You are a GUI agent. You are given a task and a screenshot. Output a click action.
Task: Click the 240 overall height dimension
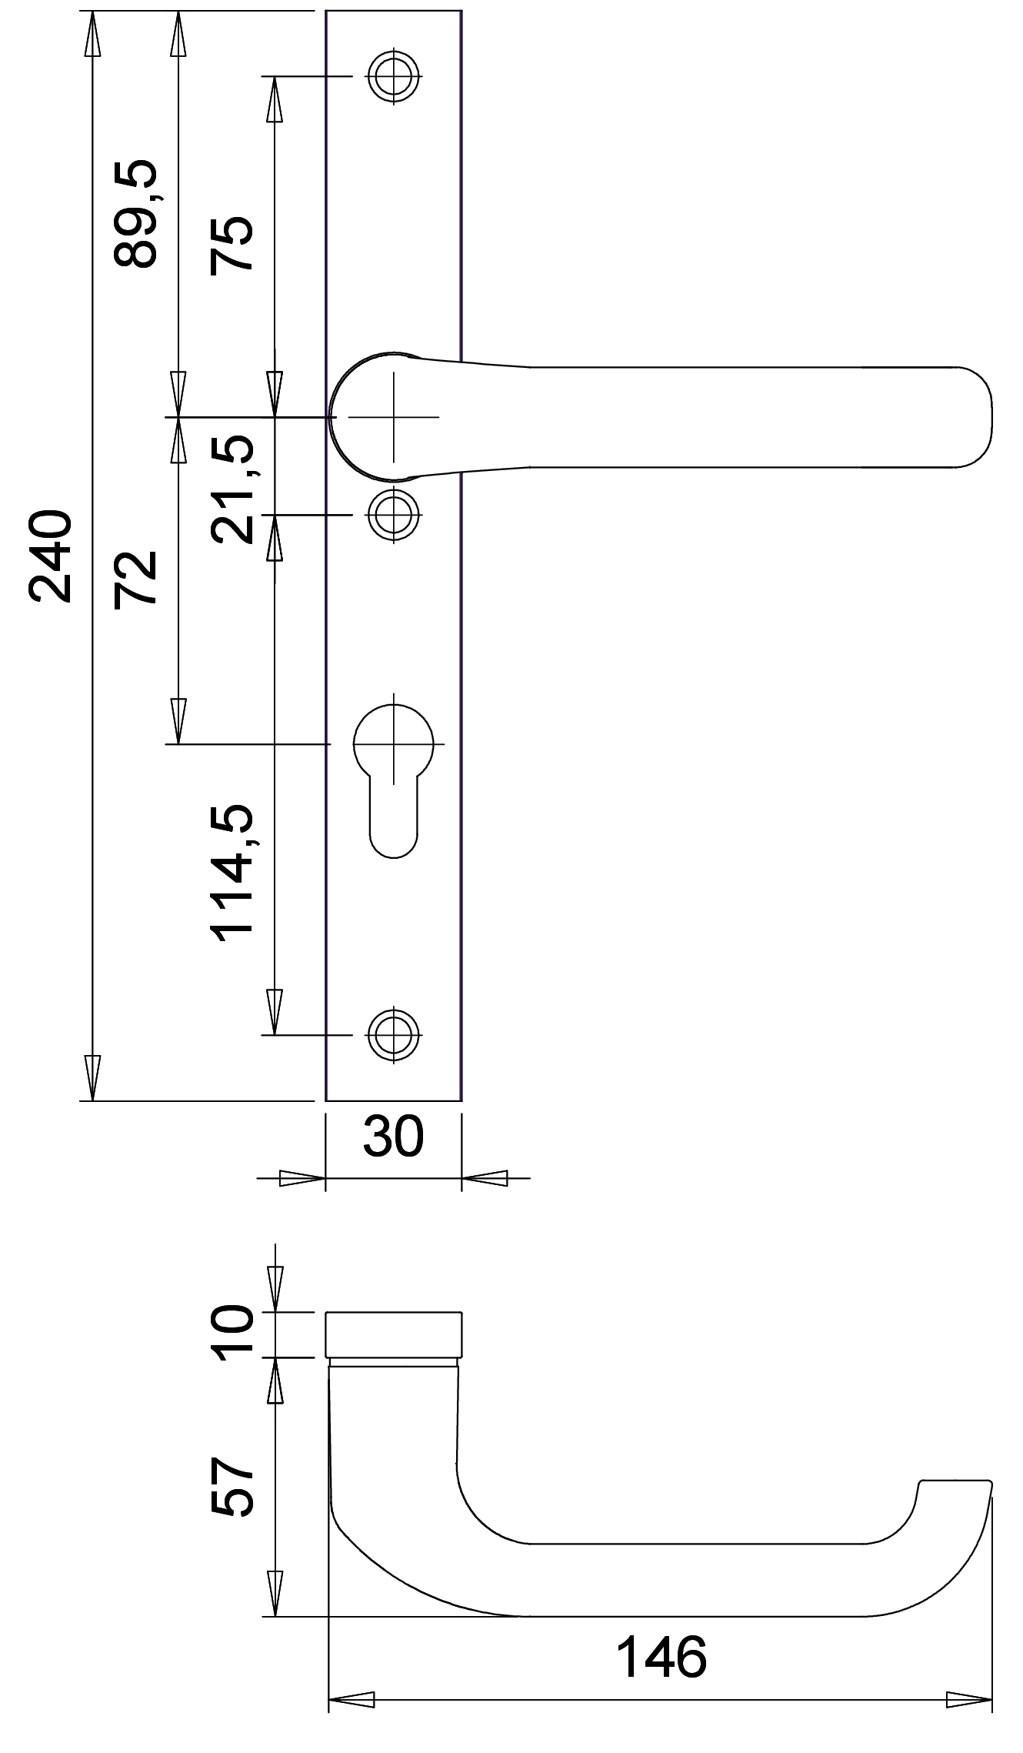pyautogui.click(x=51, y=555)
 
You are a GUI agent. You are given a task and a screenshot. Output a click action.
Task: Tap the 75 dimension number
pyautogui.click(x=232, y=242)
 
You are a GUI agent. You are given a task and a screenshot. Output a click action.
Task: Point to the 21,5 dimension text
pyautogui.click(x=232, y=489)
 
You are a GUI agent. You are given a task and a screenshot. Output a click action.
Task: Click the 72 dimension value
pyautogui.click(x=135, y=579)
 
